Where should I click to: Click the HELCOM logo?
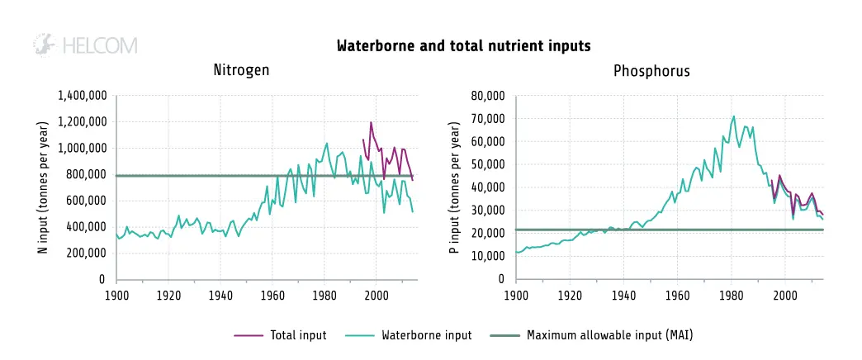[84, 45]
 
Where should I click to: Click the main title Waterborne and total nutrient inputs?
[463, 46]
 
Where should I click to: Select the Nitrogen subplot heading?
[241, 71]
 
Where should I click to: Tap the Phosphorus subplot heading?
[651, 71]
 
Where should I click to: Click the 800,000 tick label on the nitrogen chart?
[85, 175]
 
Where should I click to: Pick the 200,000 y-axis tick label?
[85, 253]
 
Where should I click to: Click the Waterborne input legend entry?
[426, 335]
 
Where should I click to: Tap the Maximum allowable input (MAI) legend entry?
[609, 335]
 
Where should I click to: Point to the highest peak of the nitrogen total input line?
[371, 123]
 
